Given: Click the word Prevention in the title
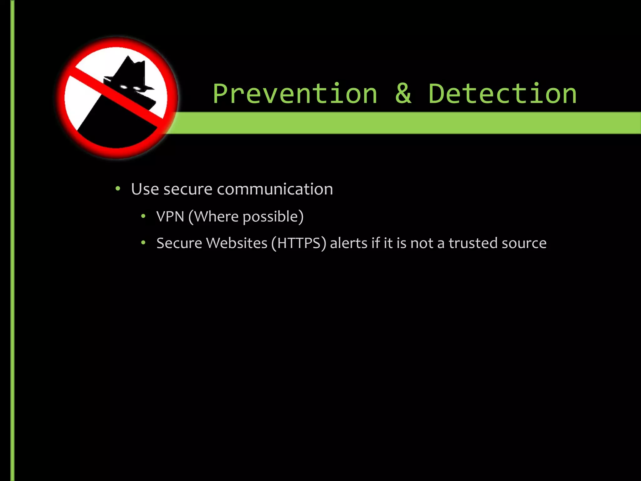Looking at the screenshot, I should coord(295,94).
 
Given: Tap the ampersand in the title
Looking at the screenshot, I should coord(403,94).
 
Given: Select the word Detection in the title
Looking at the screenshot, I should coord(502,94).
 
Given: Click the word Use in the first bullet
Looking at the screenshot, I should coord(145,189).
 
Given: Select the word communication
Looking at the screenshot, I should coord(275,189).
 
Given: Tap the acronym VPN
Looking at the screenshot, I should coord(170,216).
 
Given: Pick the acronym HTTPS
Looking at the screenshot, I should coord(299,243).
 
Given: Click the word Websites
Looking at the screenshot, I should coord(237,243).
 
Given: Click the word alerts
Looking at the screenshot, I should coord(348,243).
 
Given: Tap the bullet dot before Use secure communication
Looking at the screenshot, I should coord(118,189).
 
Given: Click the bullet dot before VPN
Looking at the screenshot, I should coord(143,216).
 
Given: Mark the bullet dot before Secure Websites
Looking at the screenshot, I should coord(143,243).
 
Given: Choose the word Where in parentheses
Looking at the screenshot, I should coord(216,216).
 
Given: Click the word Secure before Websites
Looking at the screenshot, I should coord(179,243).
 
